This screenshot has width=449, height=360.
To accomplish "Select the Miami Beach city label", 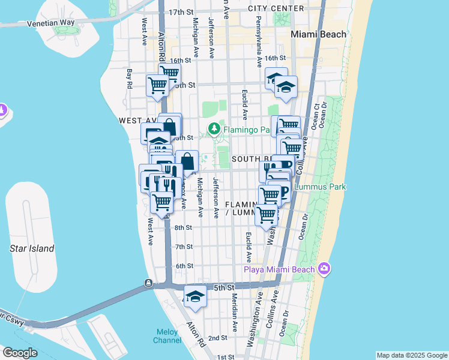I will click(x=319, y=34).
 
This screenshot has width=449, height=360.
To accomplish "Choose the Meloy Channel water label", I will click(x=168, y=336).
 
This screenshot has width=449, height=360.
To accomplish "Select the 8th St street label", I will click(x=183, y=227).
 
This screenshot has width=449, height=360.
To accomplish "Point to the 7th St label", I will click(x=184, y=247).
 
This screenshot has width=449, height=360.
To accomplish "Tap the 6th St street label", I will click(x=184, y=266).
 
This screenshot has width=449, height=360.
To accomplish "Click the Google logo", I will click(x=20, y=353).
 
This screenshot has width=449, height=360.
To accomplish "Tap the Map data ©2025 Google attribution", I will click(x=412, y=355).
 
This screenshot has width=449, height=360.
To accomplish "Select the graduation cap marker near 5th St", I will click(x=195, y=296).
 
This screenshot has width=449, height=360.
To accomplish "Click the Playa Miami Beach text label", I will click(x=279, y=269).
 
